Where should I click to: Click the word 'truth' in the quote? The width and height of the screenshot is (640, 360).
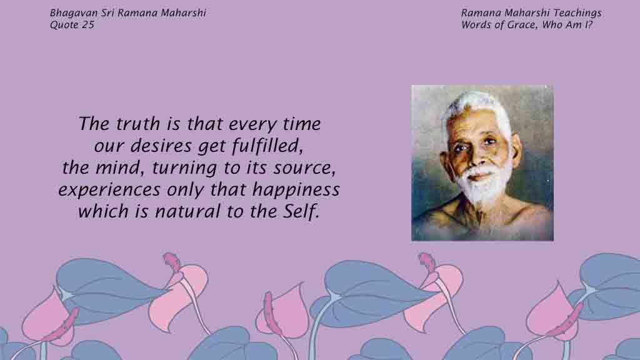tap(137, 124)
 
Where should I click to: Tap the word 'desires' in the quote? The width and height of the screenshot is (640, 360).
tap(161, 146)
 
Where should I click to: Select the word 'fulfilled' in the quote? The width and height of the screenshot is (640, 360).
tap(267, 146)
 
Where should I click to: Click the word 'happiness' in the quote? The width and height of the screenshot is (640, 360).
tap(296, 190)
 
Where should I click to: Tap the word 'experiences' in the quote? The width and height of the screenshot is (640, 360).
tap(109, 190)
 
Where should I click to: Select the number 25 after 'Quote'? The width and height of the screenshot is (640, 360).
tap(88, 25)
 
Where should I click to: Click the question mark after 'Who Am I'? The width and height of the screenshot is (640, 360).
tap(590, 25)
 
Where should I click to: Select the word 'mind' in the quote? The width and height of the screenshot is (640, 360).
tap(119, 168)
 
